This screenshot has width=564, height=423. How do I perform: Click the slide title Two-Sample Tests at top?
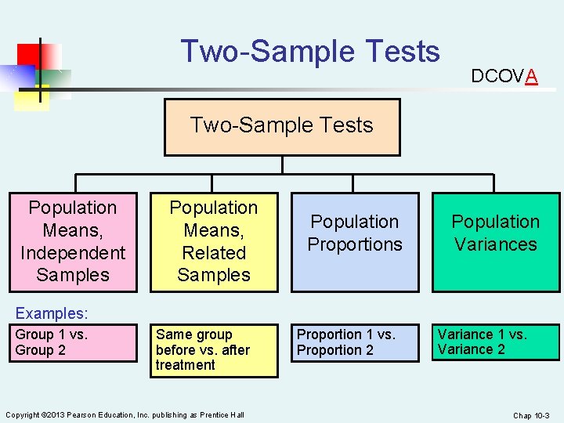[x=310, y=52]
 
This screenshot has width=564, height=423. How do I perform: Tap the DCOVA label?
[x=504, y=76]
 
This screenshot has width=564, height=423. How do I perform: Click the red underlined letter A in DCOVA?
[x=532, y=76]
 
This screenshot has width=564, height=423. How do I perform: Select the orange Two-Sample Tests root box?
[x=282, y=127]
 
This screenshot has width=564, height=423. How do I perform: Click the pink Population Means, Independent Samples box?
[x=72, y=242]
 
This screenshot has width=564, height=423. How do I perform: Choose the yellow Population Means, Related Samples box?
[x=214, y=242]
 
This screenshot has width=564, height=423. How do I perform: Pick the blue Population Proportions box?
[x=355, y=242]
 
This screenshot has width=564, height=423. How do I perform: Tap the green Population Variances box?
[x=496, y=242]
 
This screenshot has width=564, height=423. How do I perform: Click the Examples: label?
[x=52, y=313]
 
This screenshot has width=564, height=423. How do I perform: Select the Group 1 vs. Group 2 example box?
[x=72, y=342]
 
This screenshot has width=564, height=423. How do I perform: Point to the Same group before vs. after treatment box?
[x=214, y=350]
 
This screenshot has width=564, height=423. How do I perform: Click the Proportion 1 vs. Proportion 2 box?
[x=355, y=342]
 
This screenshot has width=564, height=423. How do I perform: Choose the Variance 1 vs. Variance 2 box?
[x=496, y=342]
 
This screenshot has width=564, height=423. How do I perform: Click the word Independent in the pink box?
[x=72, y=253]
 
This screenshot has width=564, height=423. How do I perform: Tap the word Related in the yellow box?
[x=214, y=253]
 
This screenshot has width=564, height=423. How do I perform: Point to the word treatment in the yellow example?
[x=185, y=365]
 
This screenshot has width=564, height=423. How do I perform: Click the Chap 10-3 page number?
[x=532, y=414]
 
